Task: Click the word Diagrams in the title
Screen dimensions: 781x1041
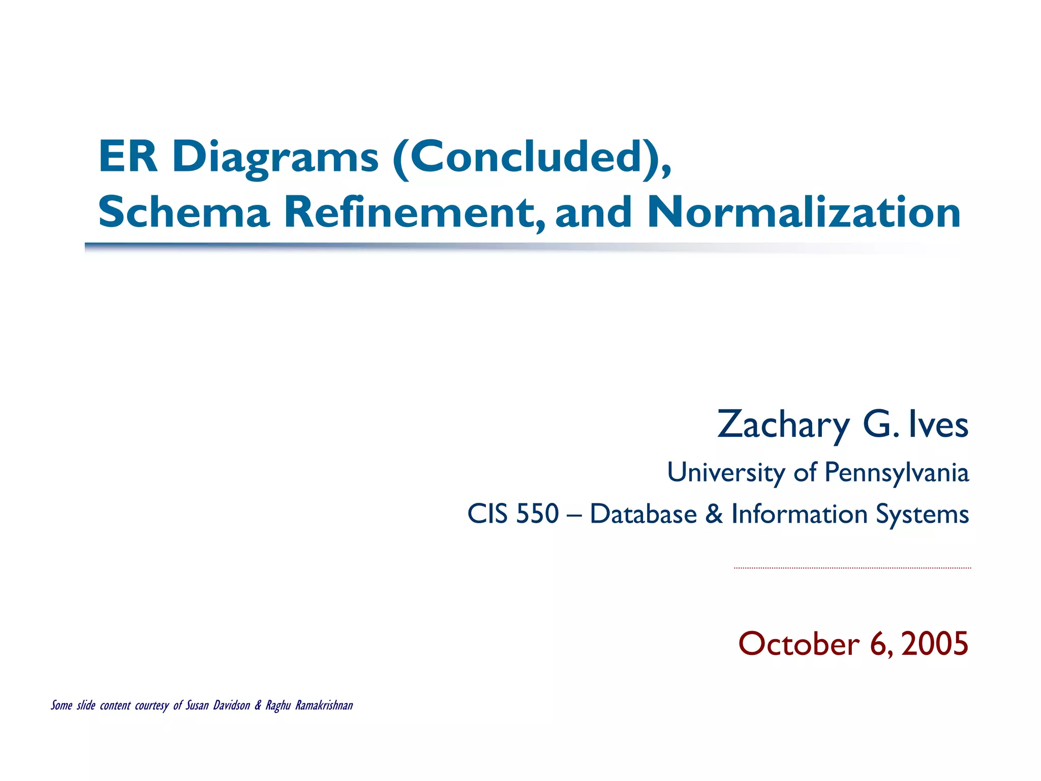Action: point(275,157)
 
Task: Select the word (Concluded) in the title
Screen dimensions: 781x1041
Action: point(532,157)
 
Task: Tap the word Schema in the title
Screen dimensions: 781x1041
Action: point(183,212)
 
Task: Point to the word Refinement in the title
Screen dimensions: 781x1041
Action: point(414,212)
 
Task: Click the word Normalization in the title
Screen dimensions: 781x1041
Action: point(804,212)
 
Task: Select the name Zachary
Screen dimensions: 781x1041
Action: point(783,425)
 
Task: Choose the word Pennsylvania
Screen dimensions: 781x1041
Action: point(897,472)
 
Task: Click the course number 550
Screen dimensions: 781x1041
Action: point(537,514)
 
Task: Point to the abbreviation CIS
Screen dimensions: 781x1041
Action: point(487,514)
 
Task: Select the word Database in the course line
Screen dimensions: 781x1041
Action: point(643,514)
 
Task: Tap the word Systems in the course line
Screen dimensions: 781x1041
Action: point(922,514)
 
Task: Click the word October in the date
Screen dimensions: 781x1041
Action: point(799,644)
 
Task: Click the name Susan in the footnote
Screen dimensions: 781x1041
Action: point(197,705)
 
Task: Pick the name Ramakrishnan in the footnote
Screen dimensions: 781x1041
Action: point(324,705)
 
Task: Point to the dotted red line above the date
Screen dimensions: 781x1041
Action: point(852,568)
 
